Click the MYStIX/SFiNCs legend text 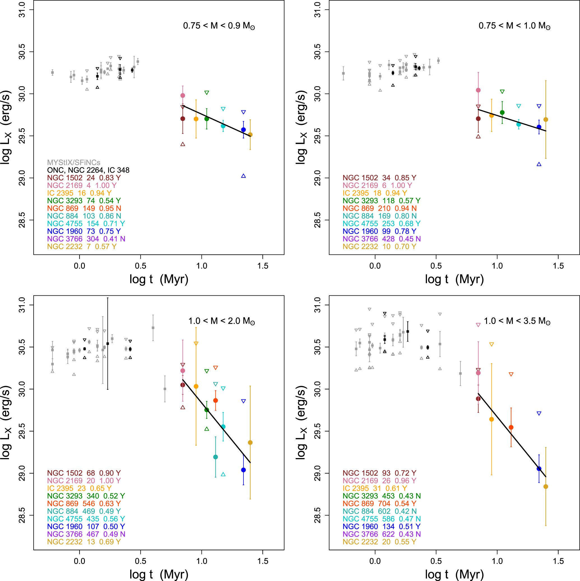[x=73, y=163]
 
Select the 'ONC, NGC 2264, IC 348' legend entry [x=88, y=170]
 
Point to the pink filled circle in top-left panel [x=183, y=96]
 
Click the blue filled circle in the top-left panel [x=243, y=130]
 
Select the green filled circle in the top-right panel [x=502, y=113]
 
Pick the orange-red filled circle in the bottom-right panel [x=511, y=427]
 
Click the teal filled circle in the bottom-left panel [x=215, y=457]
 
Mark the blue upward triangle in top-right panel [x=539, y=164]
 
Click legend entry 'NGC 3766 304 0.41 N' [x=86, y=239]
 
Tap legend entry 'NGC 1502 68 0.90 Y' [x=84, y=473]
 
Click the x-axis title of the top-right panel [x=454, y=279]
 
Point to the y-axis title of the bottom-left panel [x=6, y=422]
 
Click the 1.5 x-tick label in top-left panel [x=263, y=266]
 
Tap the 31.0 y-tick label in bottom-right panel [x=317, y=305]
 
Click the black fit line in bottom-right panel [x=512, y=435]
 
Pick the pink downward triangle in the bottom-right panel [x=478, y=325]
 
